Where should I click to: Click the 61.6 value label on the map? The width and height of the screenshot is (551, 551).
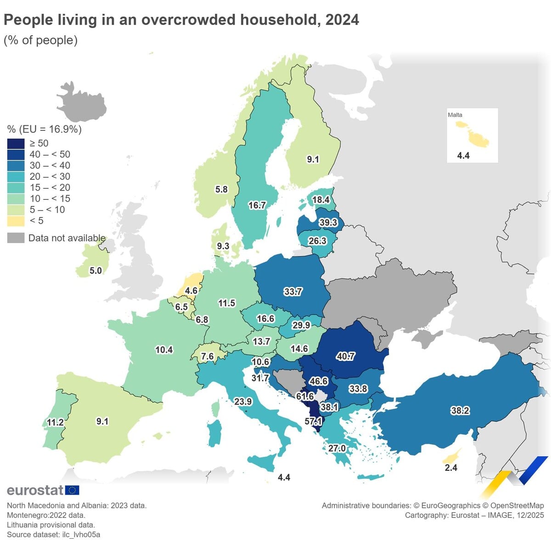(305, 396)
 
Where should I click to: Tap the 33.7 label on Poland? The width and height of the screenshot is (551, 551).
(293, 292)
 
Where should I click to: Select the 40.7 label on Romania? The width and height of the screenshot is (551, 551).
(345, 356)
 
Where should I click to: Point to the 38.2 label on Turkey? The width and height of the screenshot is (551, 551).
(460, 410)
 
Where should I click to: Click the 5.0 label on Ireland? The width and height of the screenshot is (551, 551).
(96, 270)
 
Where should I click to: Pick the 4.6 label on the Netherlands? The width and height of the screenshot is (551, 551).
(191, 291)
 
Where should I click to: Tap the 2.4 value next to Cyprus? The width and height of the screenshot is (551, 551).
(451, 467)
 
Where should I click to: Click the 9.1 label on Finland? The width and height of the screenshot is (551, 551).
(313, 159)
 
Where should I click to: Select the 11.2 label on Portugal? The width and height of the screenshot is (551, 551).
(55, 422)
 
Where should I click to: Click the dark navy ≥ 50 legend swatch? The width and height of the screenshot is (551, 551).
(16, 143)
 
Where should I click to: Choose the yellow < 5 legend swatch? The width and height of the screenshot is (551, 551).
(16, 221)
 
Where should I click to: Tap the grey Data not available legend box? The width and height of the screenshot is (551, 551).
(16, 238)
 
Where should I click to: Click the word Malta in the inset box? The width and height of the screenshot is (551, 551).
(455, 115)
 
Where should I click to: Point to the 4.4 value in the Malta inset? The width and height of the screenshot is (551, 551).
(463, 156)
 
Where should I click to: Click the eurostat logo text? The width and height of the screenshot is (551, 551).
(35, 490)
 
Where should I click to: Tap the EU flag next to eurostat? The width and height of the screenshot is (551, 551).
(72, 490)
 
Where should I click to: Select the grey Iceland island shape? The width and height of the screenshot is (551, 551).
(83, 103)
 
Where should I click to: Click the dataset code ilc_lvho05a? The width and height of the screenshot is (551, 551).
(81, 534)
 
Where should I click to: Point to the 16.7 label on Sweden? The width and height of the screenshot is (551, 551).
(257, 205)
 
